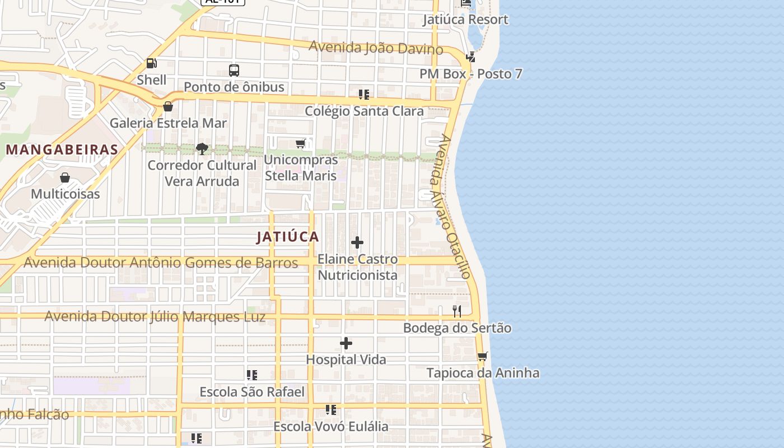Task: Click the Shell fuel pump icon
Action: click(x=151, y=63)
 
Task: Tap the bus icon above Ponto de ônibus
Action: click(x=234, y=71)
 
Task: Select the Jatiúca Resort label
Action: click(x=465, y=20)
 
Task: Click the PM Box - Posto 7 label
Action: click(x=470, y=74)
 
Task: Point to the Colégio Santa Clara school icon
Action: click(x=364, y=95)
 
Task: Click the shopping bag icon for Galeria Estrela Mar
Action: click(x=167, y=106)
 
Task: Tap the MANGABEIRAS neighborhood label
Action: click(x=62, y=150)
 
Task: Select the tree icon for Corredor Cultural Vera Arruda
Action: click(x=202, y=148)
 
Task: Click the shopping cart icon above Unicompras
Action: click(x=301, y=143)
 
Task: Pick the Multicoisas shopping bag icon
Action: click(x=65, y=178)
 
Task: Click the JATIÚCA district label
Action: click(x=288, y=237)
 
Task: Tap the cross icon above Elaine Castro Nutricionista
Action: click(x=357, y=242)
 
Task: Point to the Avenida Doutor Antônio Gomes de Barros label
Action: click(x=161, y=262)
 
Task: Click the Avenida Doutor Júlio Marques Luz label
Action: click(x=155, y=316)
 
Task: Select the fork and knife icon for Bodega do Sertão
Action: click(x=457, y=311)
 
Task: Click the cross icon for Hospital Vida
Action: click(x=346, y=343)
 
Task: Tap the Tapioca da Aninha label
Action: click(x=483, y=373)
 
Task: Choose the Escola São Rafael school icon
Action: click(x=252, y=375)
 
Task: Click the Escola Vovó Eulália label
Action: click(x=330, y=427)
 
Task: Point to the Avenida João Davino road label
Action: click(x=376, y=48)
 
